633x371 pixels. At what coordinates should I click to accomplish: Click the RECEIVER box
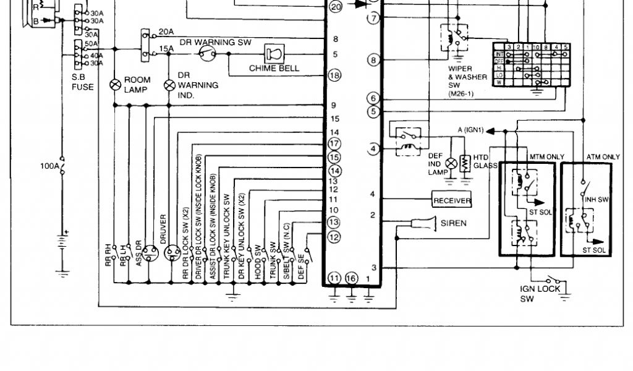[x=452, y=200]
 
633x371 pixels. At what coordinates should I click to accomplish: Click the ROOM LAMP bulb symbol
[x=115, y=84]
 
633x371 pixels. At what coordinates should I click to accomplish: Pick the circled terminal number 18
[x=334, y=75]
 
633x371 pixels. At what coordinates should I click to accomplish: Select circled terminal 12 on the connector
[x=334, y=236]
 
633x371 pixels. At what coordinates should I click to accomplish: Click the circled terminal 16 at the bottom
[x=352, y=279]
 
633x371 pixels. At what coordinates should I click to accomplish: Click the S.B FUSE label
[x=82, y=82]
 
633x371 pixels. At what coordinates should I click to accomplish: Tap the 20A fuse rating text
[x=166, y=32]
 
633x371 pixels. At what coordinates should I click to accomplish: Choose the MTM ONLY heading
[x=546, y=157]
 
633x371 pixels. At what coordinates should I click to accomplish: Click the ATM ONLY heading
[x=603, y=157]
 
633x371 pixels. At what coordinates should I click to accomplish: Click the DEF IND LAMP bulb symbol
[x=451, y=164]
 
